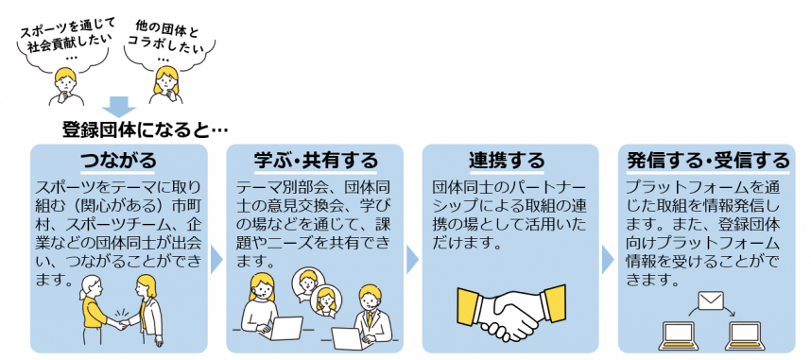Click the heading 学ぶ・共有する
315,158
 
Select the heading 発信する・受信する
708,158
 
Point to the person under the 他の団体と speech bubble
166,85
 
